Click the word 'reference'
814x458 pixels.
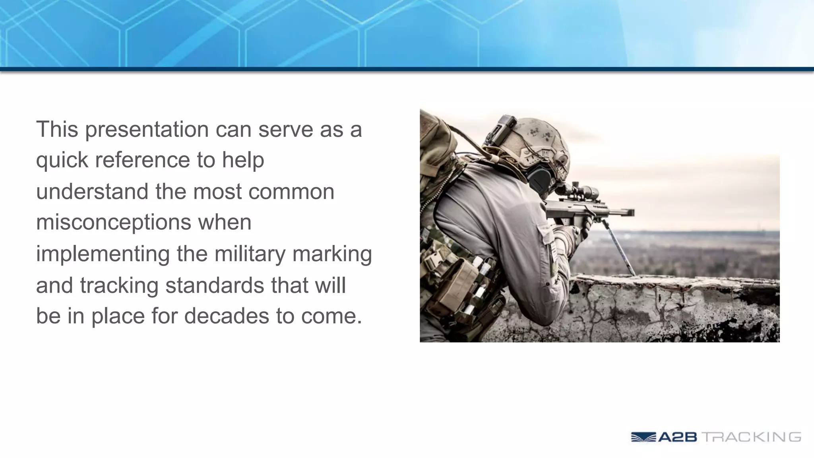coord(142,160)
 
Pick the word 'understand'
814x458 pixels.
coord(92,191)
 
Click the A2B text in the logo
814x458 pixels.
coord(677,437)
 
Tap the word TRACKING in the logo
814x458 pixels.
coord(751,437)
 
